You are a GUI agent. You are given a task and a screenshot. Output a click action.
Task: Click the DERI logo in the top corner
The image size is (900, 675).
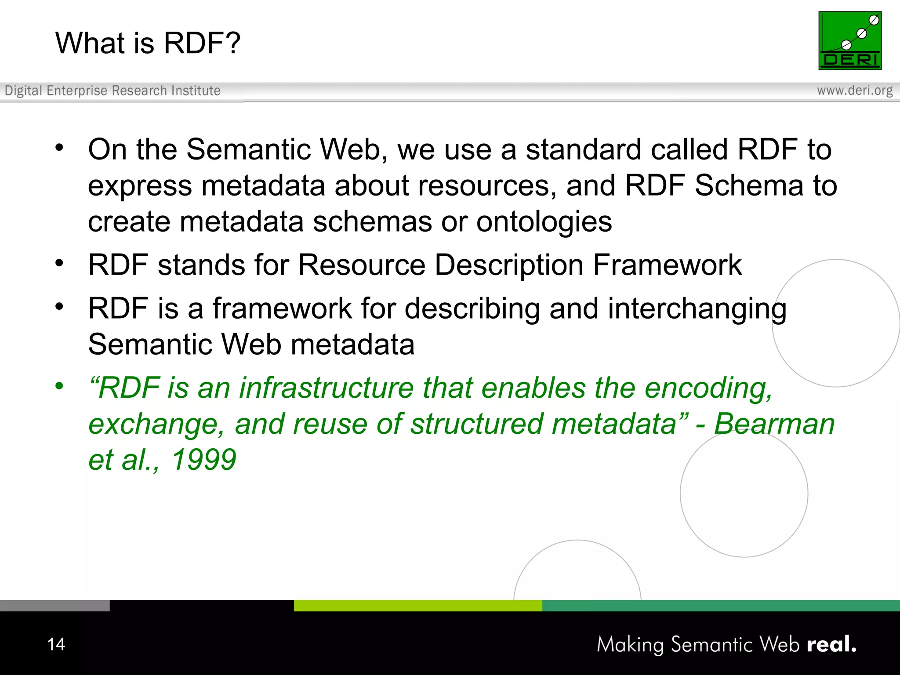coord(849,40)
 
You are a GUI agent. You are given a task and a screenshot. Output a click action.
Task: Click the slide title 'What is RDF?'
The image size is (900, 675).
coord(148,43)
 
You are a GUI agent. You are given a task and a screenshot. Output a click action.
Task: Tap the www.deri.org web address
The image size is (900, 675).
coord(854,91)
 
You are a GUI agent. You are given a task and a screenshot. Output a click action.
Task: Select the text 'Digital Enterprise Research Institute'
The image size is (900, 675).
coord(112,91)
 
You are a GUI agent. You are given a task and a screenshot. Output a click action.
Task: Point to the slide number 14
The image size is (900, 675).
coord(56,644)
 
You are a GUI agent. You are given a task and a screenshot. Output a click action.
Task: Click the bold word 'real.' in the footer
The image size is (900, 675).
coord(831,644)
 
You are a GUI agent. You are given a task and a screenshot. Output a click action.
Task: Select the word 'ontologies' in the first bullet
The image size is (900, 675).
coord(544,222)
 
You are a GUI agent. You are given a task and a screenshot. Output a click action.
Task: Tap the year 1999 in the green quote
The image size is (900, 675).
coord(204,460)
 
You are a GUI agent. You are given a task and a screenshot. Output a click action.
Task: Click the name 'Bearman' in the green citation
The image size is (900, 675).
coord(774,424)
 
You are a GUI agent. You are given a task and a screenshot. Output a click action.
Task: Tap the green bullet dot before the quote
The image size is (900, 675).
coord(59,386)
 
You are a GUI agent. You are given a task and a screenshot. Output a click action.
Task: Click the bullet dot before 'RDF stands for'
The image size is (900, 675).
coord(59,263)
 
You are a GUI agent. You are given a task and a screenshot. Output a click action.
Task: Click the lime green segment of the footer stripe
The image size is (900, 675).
coord(417,606)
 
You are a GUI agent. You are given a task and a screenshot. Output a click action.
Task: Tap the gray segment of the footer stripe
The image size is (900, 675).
coord(54,606)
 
